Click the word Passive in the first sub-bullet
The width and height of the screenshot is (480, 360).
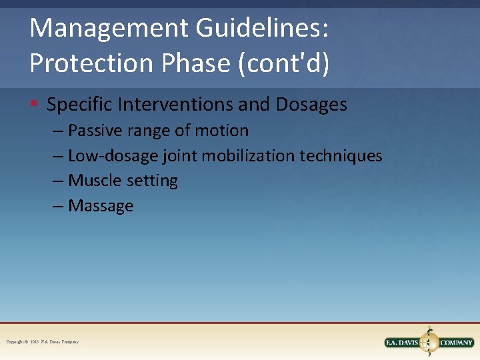point(97,131)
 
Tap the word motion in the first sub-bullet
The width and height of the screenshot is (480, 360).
point(221,131)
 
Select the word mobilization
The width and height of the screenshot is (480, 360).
point(249,156)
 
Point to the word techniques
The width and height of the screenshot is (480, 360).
point(341,156)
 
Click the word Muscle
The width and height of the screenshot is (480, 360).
point(95,181)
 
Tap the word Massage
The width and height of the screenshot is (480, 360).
point(101,206)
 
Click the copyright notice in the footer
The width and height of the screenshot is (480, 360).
point(42,342)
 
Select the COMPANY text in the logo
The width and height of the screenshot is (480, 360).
point(456,343)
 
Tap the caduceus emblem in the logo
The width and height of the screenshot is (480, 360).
point(429,341)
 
